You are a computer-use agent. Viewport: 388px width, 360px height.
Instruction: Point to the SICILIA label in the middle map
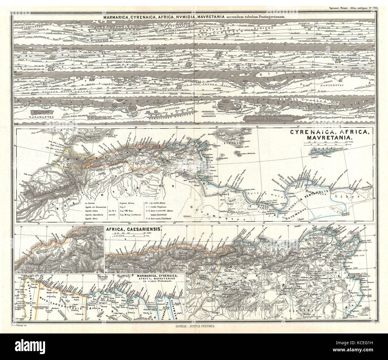tap(235, 143)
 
